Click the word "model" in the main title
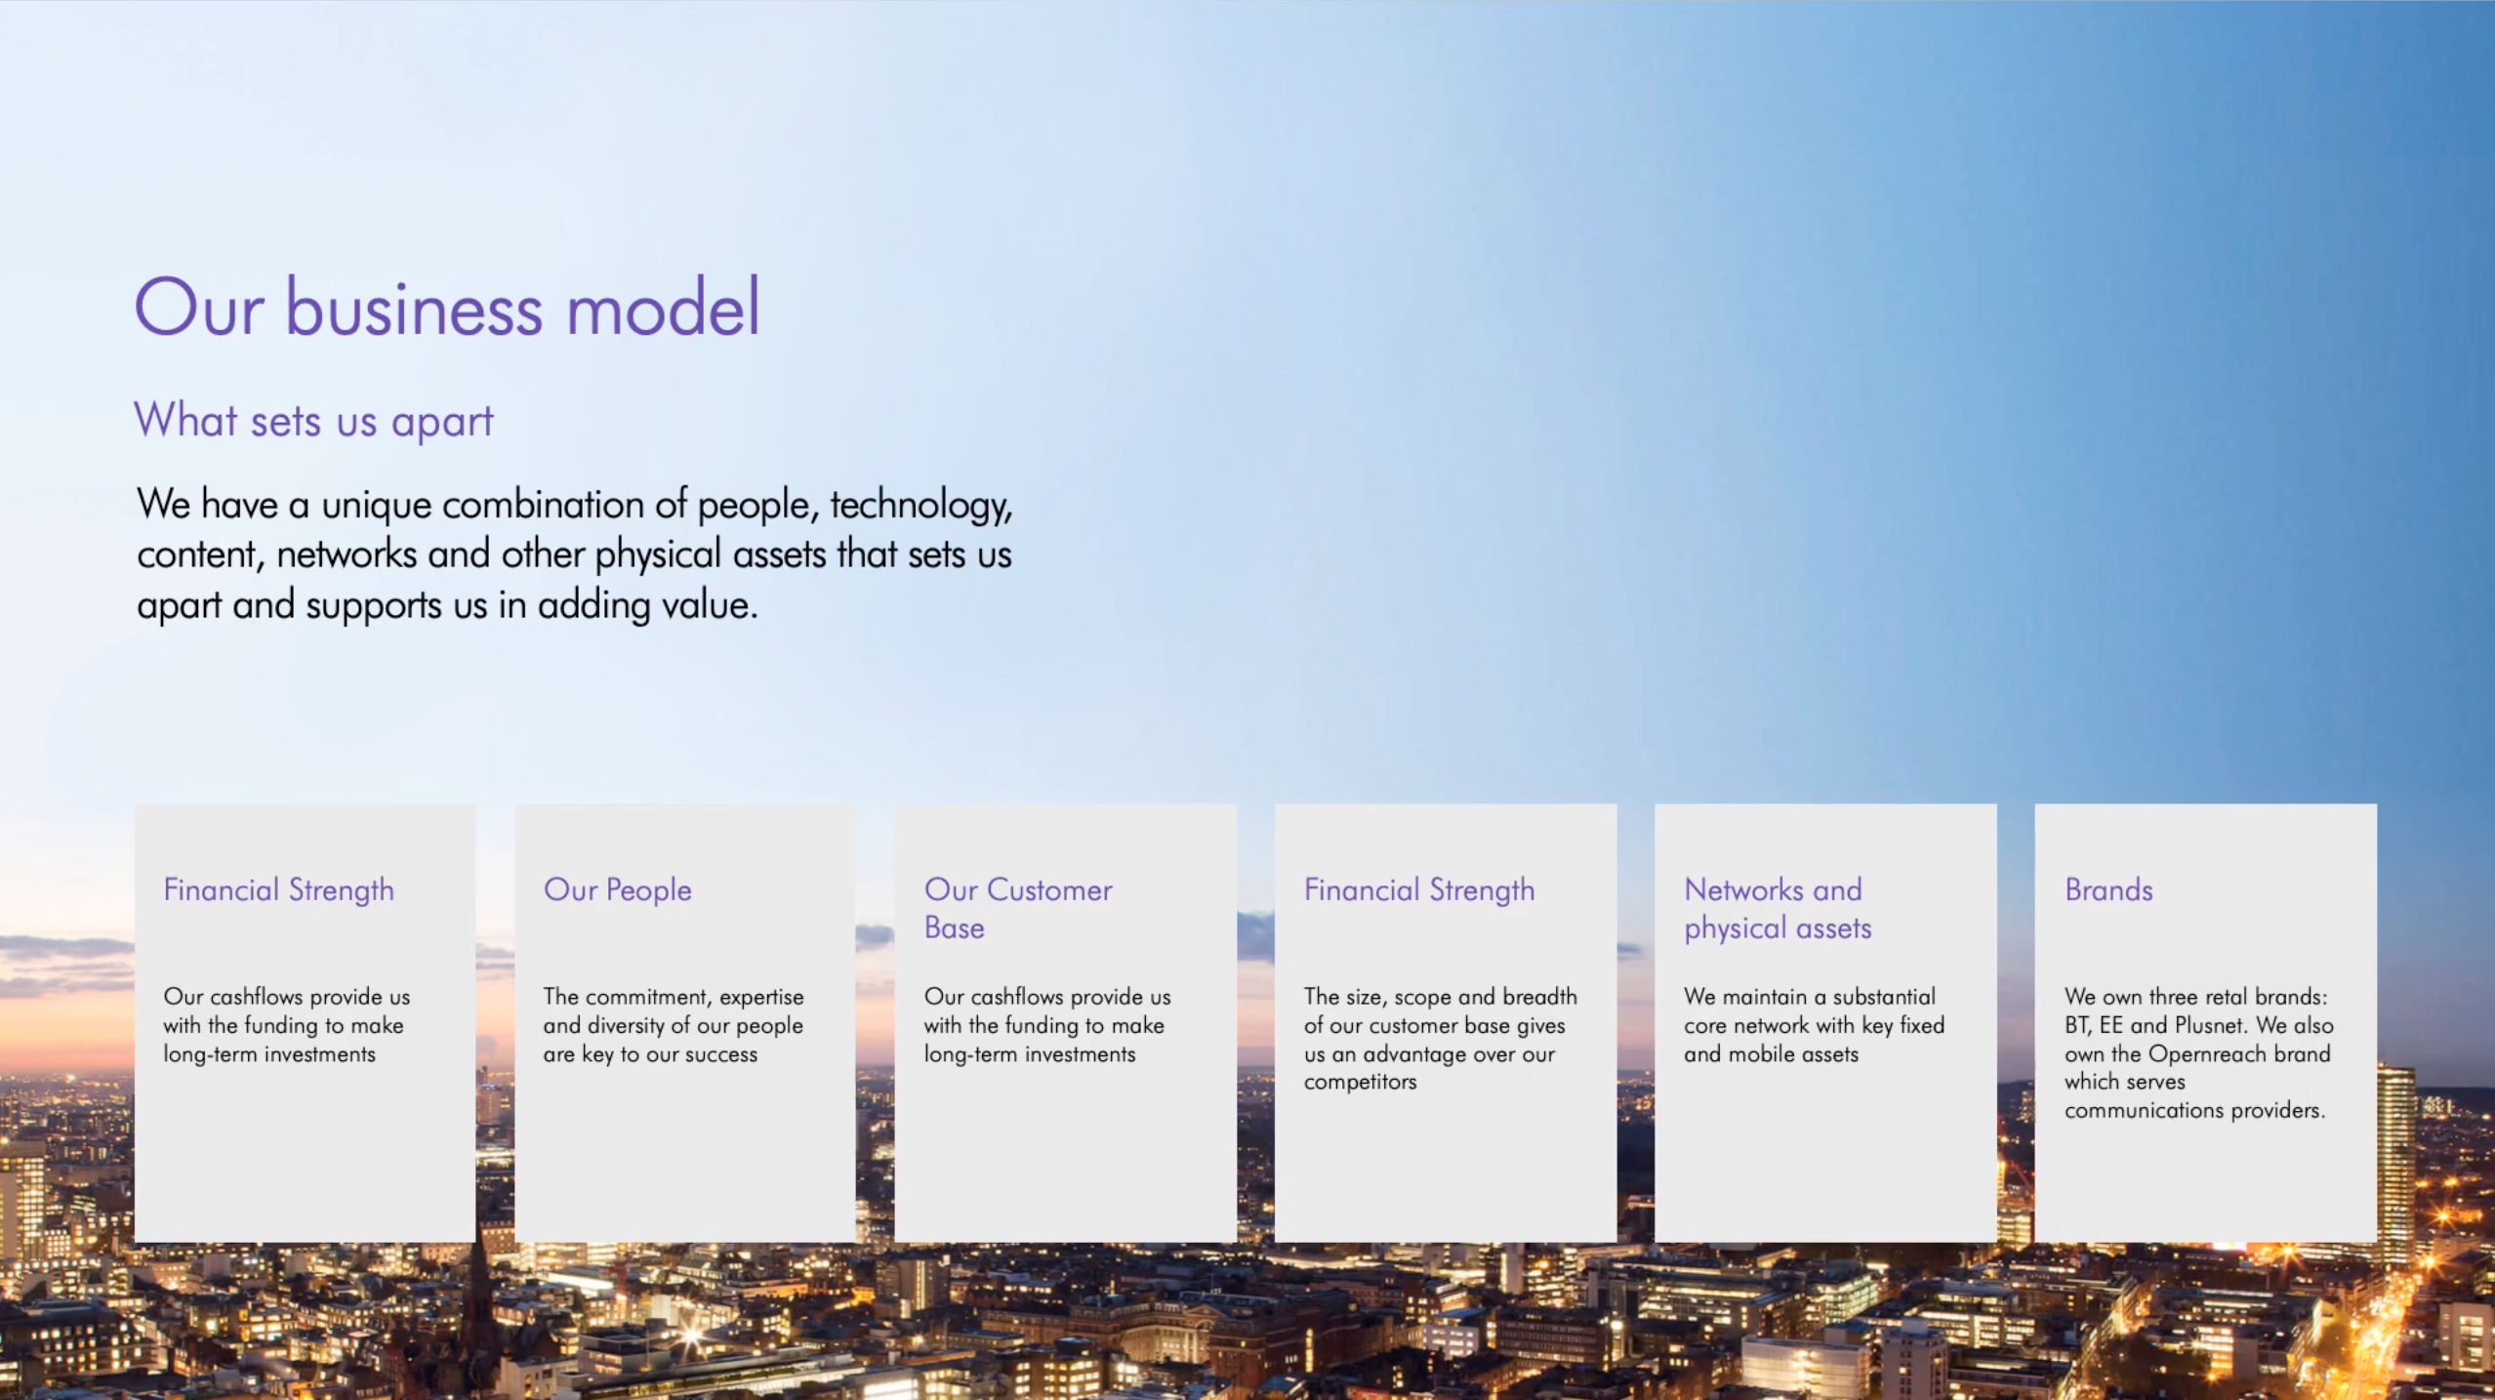pyautogui.click(x=663, y=308)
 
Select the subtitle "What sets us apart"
pyautogui.click(x=313, y=421)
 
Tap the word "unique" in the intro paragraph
pyautogui.click(x=377, y=506)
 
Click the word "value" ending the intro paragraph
pyautogui.click(x=710, y=605)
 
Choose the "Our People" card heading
pyautogui.click(x=618, y=890)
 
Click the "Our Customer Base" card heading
pyautogui.click(x=1018, y=909)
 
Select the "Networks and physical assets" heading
pyautogui.click(x=1778, y=909)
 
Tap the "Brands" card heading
pyautogui.click(x=2108, y=889)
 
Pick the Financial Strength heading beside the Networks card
pyautogui.click(x=1419, y=890)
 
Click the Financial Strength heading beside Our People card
pyautogui.click(x=278, y=890)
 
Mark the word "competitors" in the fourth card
pyautogui.click(x=1360, y=1082)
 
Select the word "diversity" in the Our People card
pyautogui.click(x=626, y=1026)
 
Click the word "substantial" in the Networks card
pyautogui.click(x=1883, y=997)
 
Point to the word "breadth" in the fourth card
pyautogui.click(x=1539, y=997)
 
